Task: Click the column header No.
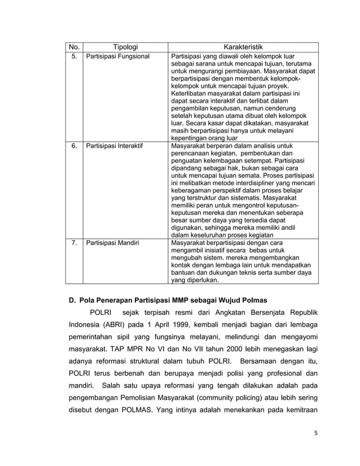point(74,47)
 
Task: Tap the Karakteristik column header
point(243,47)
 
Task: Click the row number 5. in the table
point(74,56)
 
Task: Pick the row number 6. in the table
point(74,146)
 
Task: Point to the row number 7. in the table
point(74,243)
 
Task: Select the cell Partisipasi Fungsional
point(117,56)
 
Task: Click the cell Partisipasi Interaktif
point(114,146)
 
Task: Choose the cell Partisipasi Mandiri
point(112,243)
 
